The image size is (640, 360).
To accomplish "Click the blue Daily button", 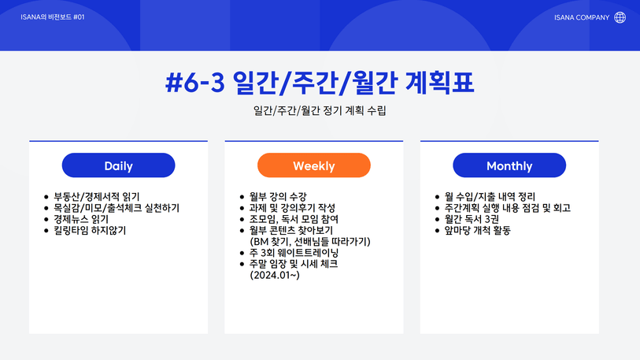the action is [x=118, y=165].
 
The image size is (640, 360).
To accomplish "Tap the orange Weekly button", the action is [x=314, y=165].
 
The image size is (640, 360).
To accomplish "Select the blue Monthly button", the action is [x=509, y=165].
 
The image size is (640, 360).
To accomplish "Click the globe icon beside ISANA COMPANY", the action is [x=620, y=17].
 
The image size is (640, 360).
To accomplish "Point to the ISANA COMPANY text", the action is [x=582, y=17].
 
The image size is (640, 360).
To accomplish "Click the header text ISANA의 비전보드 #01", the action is [x=53, y=17].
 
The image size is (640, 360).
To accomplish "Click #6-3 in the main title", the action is [x=195, y=82].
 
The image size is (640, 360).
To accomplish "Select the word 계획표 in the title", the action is [x=439, y=82].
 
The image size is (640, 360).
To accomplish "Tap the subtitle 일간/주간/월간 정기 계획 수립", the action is [x=320, y=110].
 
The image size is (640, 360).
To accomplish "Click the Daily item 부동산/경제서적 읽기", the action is [x=97, y=197].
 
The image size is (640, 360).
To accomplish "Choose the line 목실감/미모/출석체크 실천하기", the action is [x=117, y=208].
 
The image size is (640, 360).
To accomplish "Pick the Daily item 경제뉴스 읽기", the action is [x=81, y=219].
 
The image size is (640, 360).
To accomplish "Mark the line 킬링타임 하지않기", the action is [x=90, y=231].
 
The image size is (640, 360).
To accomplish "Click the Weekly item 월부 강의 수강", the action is [x=278, y=197].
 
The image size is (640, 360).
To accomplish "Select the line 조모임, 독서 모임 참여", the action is [x=294, y=219].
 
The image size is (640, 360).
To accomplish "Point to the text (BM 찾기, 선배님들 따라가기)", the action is [x=310, y=242].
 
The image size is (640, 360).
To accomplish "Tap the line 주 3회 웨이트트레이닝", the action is [x=294, y=253].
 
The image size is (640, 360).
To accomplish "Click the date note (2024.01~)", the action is [x=275, y=275].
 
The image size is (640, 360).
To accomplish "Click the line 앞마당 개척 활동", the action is [x=478, y=231].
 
